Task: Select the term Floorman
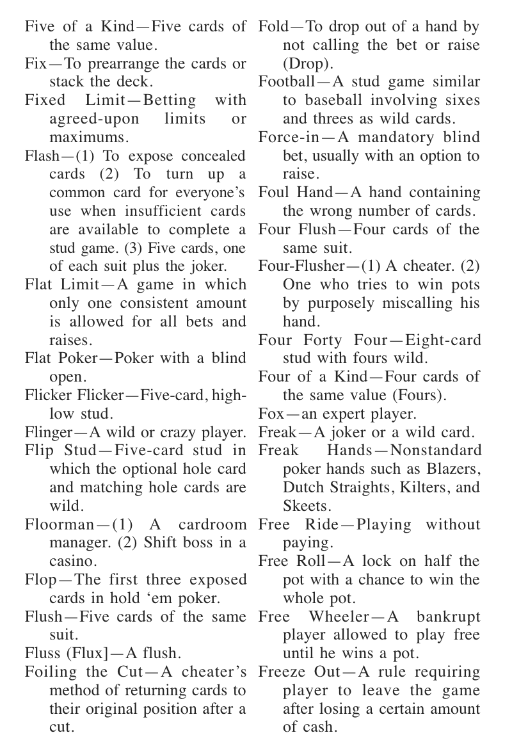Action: tap(56, 525)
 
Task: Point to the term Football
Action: tap(286, 82)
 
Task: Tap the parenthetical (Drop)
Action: tap(304, 64)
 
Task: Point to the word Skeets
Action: tap(305, 506)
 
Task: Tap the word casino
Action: tap(74, 562)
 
